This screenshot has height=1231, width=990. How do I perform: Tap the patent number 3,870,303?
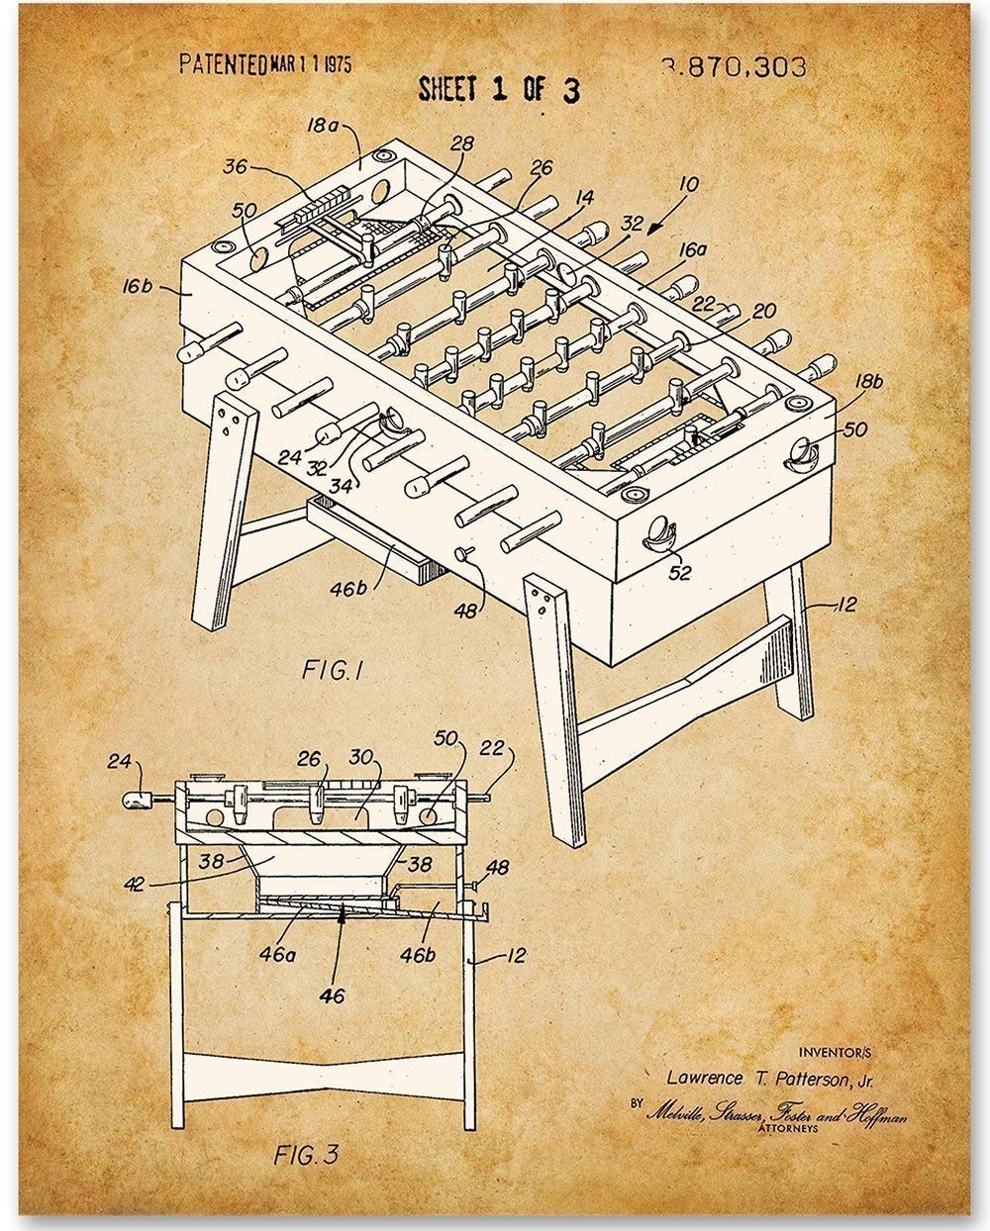(734, 67)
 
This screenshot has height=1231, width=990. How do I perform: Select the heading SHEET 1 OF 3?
(499, 89)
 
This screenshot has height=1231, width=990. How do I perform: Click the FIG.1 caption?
(333, 671)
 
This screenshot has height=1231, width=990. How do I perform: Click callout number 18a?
(324, 126)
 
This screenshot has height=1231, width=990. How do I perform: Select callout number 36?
(235, 167)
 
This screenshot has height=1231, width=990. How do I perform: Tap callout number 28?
(461, 145)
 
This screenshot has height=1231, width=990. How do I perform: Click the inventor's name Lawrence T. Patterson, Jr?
(769, 1079)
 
